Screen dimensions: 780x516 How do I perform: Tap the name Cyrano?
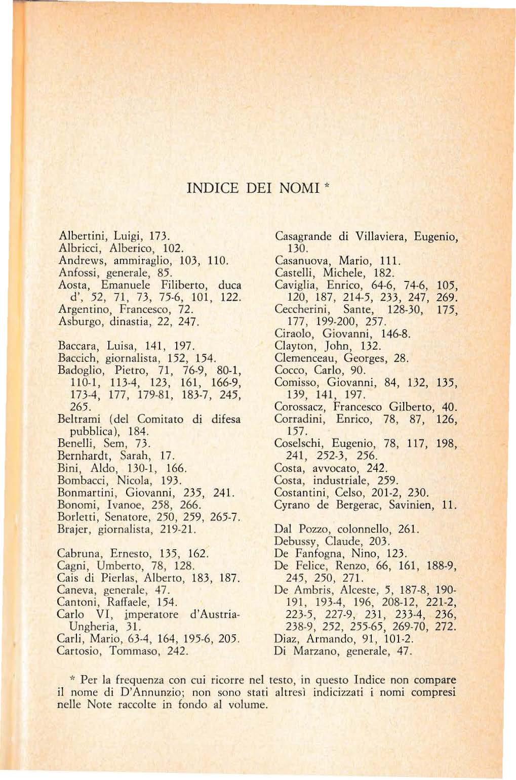coord(292,505)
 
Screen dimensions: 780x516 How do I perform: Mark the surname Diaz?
coord(285,639)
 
